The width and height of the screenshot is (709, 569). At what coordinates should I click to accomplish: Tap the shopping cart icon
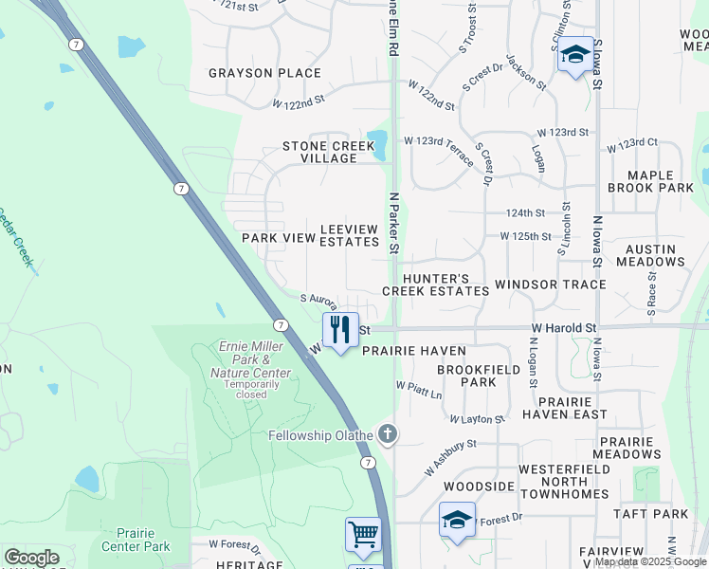[x=363, y=535]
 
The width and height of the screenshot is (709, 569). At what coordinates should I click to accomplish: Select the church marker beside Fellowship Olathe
[x=387, y=434]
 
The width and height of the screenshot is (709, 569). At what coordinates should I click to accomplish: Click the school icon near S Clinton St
[x=574, y=54]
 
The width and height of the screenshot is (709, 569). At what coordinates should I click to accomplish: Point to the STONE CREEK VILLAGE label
[x=319, y=152]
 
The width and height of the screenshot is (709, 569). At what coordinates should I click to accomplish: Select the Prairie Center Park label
[x=131, y=540]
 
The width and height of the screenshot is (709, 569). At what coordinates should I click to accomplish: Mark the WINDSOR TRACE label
[x=550, y=284]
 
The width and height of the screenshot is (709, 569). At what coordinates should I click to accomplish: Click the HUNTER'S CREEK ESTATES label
[x=436, y=284]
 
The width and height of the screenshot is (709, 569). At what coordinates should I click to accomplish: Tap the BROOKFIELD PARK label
[x=466, y=376]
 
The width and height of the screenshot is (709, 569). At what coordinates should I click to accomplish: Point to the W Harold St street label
[x=563, y=328]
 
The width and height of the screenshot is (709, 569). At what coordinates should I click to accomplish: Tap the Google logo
[x=31, y=558]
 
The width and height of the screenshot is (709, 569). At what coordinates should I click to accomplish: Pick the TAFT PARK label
[x=663, y=513]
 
